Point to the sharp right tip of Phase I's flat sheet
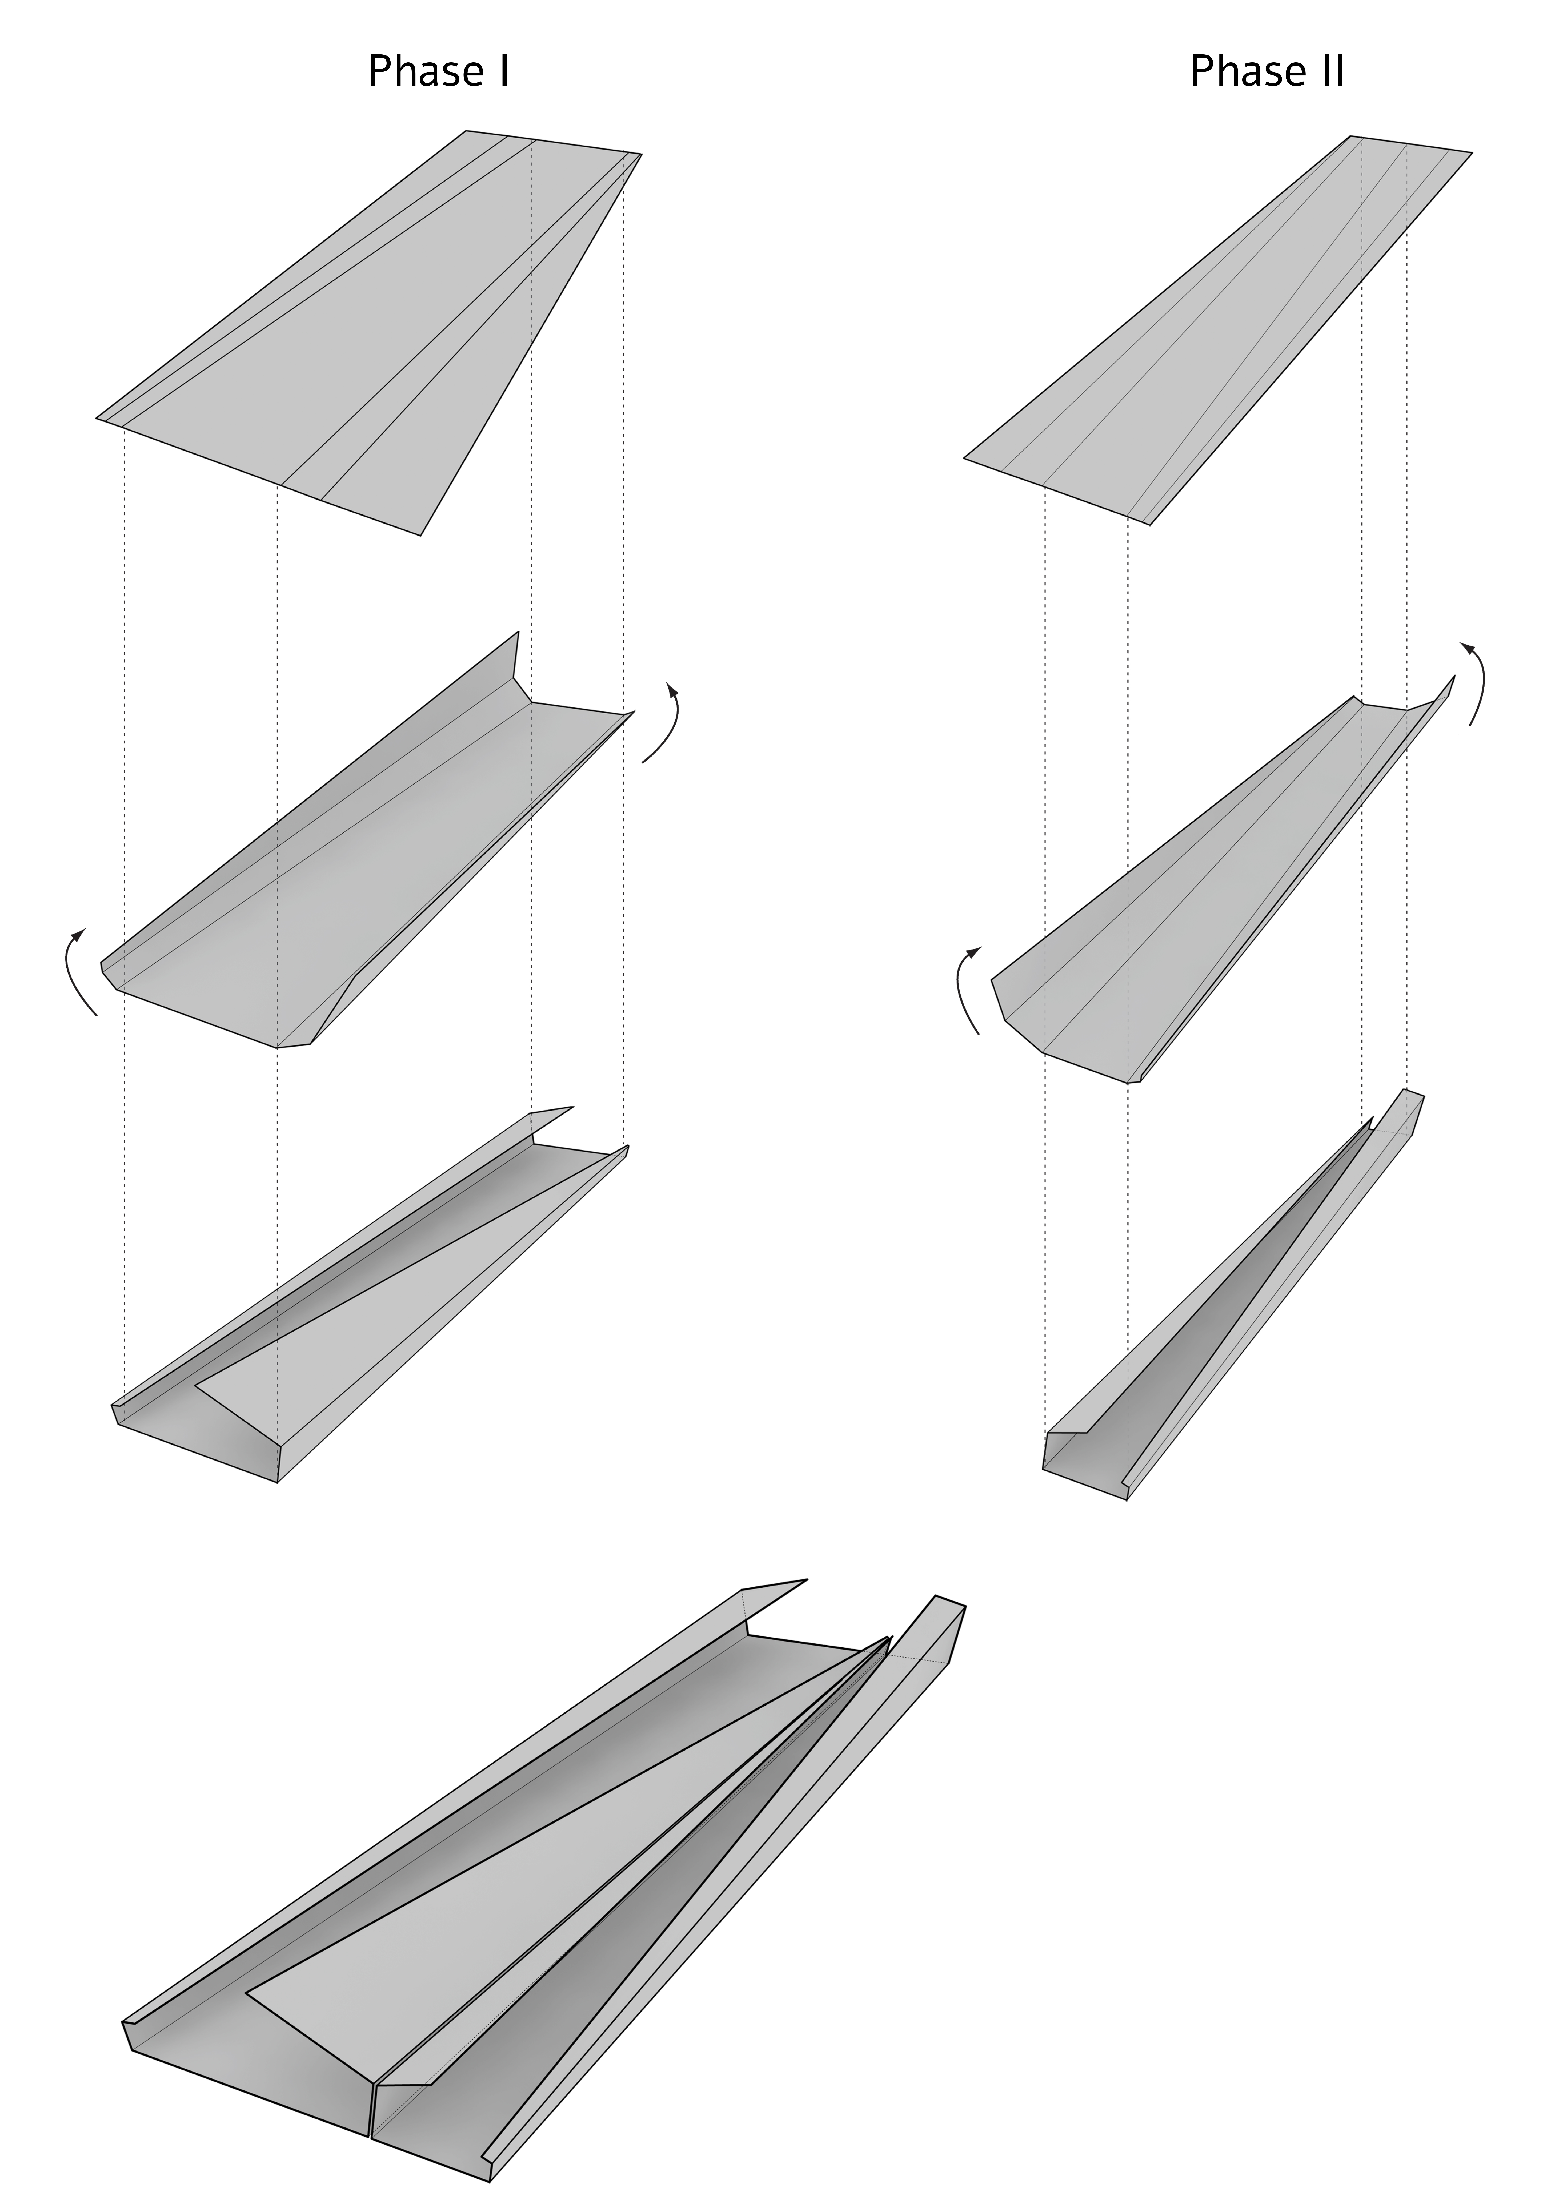[x=641, y=154]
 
